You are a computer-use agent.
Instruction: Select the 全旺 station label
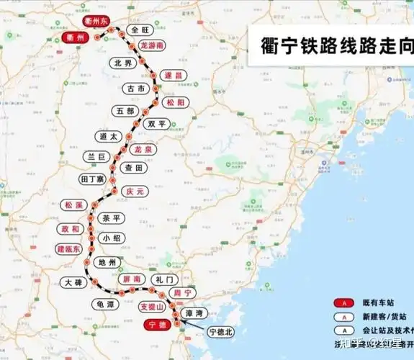pyautogui.click(x=141, y=30)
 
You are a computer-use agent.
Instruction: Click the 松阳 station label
pyautogui.click(x=175, y=102)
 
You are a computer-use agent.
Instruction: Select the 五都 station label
pyautogui.click(x=125, y=111)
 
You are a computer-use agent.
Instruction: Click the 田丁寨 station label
pyautogui.click(x=92, y=178)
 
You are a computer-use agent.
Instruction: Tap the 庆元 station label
pyautogui.click(x=135, y=192)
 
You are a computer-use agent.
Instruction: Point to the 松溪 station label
pyautogui.click(x=74, y=205)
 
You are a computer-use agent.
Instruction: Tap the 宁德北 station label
pyautogui.click(x=221, y=332)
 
